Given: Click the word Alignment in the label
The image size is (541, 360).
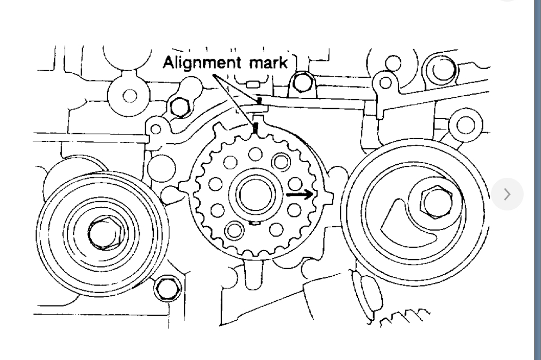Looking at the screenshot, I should coord(198,63).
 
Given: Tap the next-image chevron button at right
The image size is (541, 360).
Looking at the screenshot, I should coord(507,194).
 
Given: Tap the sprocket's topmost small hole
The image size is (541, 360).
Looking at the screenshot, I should coord(253,155).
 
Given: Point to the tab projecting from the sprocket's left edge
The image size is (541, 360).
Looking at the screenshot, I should coord(182,190).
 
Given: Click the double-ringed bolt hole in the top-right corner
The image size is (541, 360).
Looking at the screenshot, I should coord(440,67).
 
